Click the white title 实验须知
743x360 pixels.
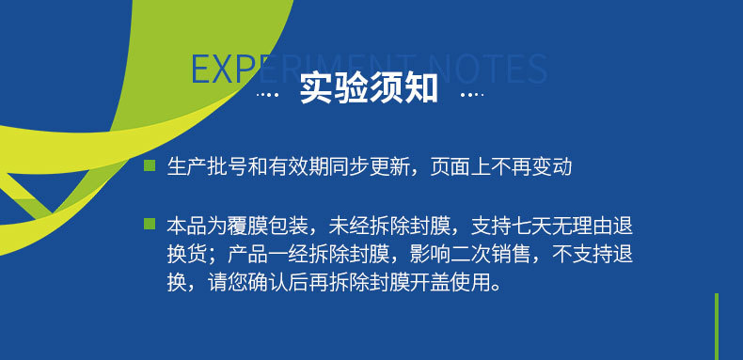[369, 88]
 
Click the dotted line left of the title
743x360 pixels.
[269, 94]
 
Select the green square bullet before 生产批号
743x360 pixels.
[149, 166]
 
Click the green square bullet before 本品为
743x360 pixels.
[149, 224]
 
